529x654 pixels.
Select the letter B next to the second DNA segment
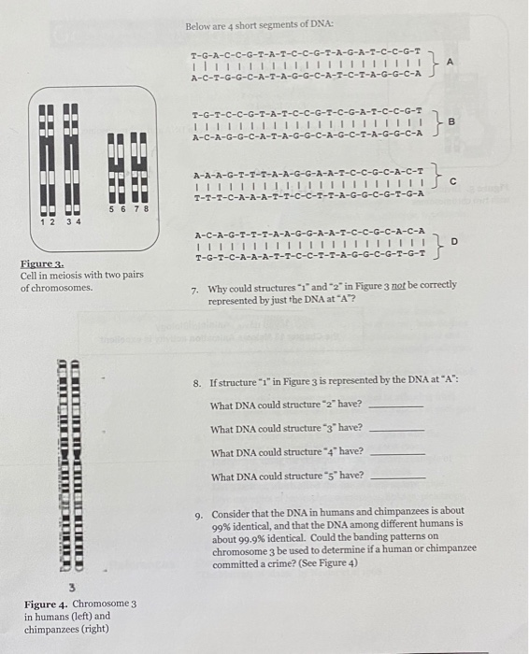click(x=451, y=122)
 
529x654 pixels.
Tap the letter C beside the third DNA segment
click(x=451, y=183)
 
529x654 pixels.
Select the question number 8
click(x=197, y=383)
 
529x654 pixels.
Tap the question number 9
click(x=198, y=514)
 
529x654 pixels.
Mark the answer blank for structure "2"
click(x=397, y=407)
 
